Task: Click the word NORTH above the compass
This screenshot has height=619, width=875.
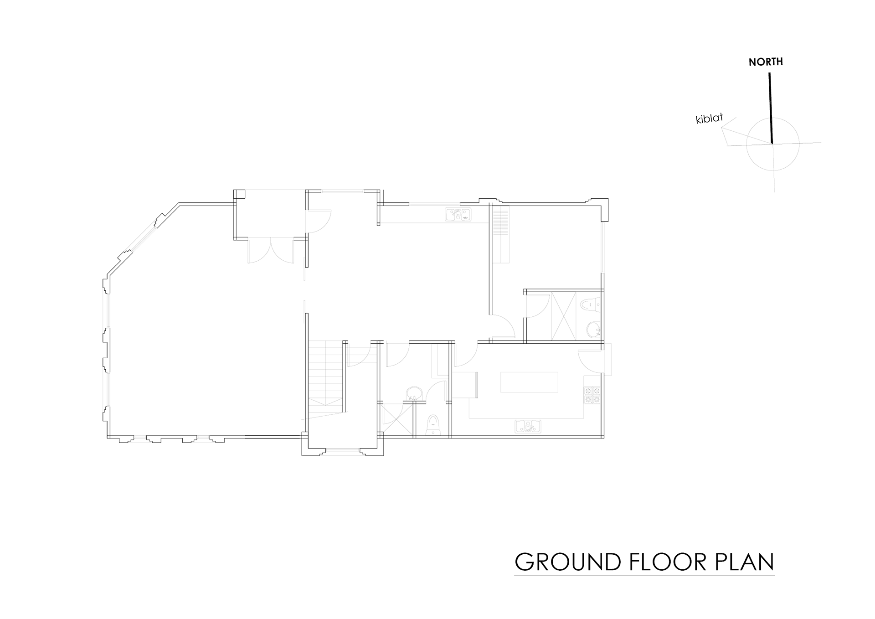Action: coord(766,62)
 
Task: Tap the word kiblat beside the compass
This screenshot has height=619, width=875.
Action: coord(710,119)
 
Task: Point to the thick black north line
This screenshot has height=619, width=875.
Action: coord(771,108)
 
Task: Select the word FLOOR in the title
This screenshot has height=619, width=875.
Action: coord(669,562)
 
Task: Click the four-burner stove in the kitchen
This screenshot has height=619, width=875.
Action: coord(592,395)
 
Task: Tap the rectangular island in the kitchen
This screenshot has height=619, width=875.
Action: coord(529,382)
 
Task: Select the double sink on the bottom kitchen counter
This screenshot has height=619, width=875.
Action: coord(528,426)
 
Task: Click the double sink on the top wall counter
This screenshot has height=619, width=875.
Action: coord(458,215)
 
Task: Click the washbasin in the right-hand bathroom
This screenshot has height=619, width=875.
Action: coord(593,329)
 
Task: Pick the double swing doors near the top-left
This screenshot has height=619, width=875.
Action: coord(271,250)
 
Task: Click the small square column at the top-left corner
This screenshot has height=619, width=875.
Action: coord(239,194)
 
